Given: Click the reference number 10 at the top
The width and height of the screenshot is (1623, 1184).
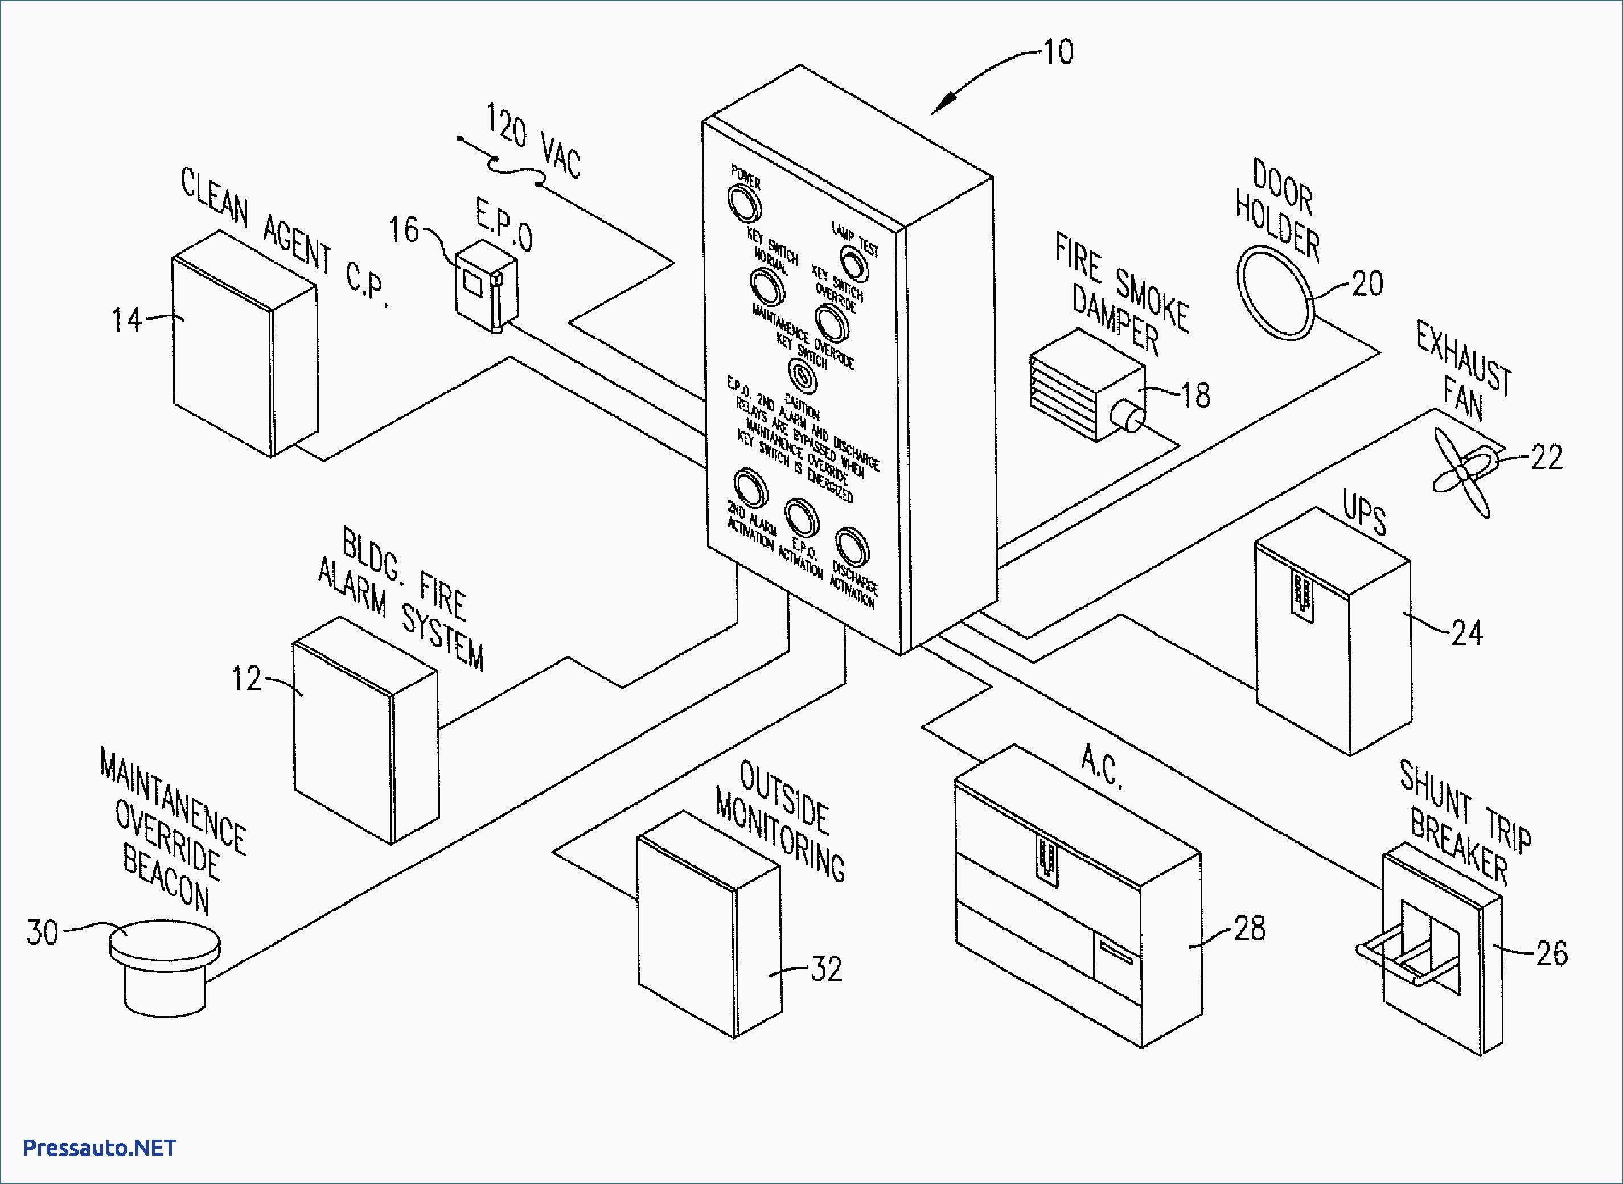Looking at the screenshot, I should pyautogui.click(x=1058, y=52).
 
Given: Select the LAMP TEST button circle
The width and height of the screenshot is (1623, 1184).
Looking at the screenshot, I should pyautogui.click(x=853, y=265).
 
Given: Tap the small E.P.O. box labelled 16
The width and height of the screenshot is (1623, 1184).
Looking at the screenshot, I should pyautogui.click(x=486, y=286).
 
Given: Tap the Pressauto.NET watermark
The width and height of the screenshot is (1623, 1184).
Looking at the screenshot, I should pyautogui.click(x=100, y=1148).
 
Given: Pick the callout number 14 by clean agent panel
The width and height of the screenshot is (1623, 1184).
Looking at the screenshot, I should pyautogui.click(x=126, y=320).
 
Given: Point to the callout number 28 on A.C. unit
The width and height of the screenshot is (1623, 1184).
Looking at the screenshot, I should pyautogui.click(x=1249, y=928).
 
